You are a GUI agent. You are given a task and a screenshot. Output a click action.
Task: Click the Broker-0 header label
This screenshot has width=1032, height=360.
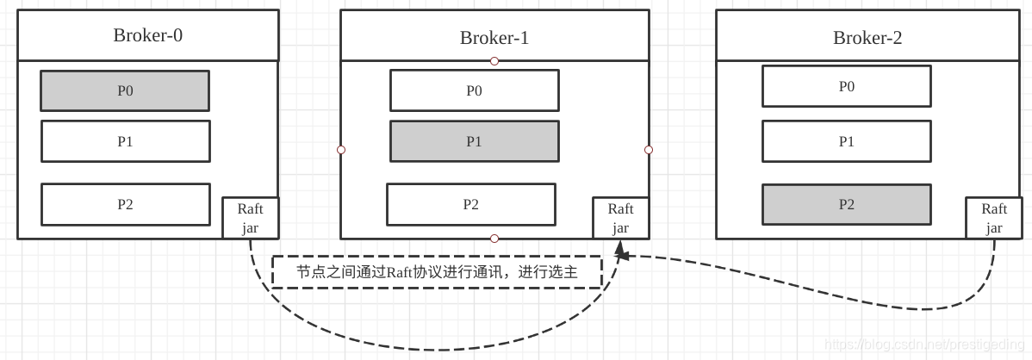pos(148,35)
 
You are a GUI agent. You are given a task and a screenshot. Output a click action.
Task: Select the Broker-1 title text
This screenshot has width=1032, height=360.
pos(494,38)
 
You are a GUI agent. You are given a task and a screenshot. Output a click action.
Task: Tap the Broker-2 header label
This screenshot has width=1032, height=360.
pos(867,38)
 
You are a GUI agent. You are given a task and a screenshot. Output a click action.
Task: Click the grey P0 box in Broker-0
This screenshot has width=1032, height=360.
pos(125,90)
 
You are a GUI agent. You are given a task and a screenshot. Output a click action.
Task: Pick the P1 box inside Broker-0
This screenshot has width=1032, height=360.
pos(126,141)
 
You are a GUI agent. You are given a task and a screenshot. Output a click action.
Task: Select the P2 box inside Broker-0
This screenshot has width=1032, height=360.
pos(126,204)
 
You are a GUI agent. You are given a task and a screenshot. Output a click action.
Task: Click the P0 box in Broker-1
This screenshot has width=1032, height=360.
pos(474,90)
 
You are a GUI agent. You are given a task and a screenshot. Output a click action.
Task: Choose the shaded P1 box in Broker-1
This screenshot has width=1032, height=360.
pos(474,141)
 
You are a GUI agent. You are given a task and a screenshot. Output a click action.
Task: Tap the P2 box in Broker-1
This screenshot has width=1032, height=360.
pos(471,204)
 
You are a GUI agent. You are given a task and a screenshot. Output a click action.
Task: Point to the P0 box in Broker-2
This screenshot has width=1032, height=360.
pos(846,86)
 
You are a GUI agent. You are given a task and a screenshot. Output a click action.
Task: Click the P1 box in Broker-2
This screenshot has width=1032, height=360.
pos(846,141)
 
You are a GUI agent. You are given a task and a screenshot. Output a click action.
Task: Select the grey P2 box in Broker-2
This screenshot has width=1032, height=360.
pos(846,204)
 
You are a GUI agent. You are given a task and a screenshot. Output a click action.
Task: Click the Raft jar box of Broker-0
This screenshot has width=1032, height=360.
pos(251,218)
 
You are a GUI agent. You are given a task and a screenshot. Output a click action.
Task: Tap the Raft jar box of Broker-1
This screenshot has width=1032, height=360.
pos(620,218)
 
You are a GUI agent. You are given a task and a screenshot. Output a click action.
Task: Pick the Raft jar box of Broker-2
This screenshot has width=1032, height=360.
pos(994,218)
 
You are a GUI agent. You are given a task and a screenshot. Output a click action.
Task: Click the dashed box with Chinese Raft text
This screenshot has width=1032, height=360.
pos(437,271)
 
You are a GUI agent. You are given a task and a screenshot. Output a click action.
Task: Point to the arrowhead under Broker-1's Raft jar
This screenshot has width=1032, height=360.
pos(619,252)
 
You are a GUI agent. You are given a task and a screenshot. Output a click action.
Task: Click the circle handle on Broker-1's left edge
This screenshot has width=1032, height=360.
pos(341,150)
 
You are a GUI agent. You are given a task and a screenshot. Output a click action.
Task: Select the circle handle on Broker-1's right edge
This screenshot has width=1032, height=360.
pos(649,150)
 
